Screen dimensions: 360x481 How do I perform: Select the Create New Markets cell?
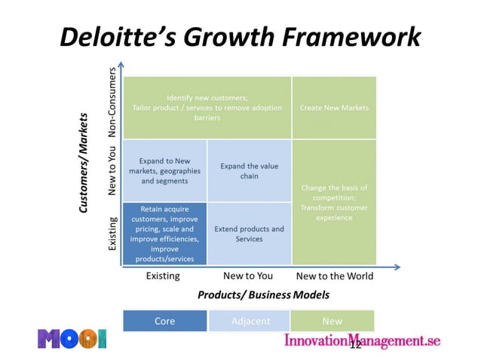click(334, 108)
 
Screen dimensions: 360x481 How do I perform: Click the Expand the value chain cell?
click(249, 171)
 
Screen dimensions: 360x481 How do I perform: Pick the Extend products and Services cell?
click(249, 233)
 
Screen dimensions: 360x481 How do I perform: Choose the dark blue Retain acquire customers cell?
click(164, 233)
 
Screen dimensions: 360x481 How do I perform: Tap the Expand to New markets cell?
click(164, 171)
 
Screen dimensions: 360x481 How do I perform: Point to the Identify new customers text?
click(207, 108)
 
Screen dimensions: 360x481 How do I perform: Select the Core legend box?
click(164, 321)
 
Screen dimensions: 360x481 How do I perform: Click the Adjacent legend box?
click(249, 321)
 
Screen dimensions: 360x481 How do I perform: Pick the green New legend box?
click(332, 321)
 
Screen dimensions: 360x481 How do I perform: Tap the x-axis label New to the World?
click(334, 276)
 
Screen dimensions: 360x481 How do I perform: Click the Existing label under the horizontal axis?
click(163, 276)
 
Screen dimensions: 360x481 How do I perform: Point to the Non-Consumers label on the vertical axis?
click(112, 104)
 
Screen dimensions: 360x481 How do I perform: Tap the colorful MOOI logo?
click(72, 338)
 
